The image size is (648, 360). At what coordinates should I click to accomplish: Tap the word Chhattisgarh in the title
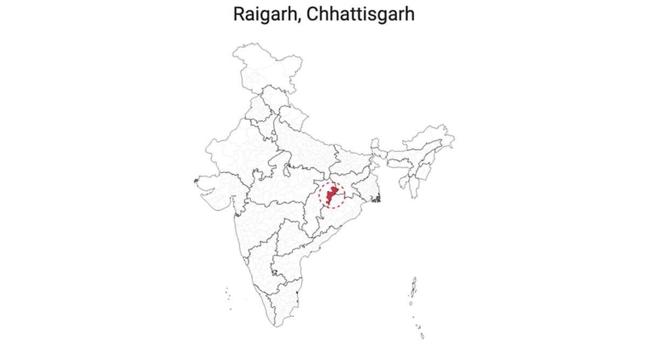(x=360, y=15)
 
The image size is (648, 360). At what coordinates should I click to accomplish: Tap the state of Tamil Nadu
(x=283, y=302)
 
